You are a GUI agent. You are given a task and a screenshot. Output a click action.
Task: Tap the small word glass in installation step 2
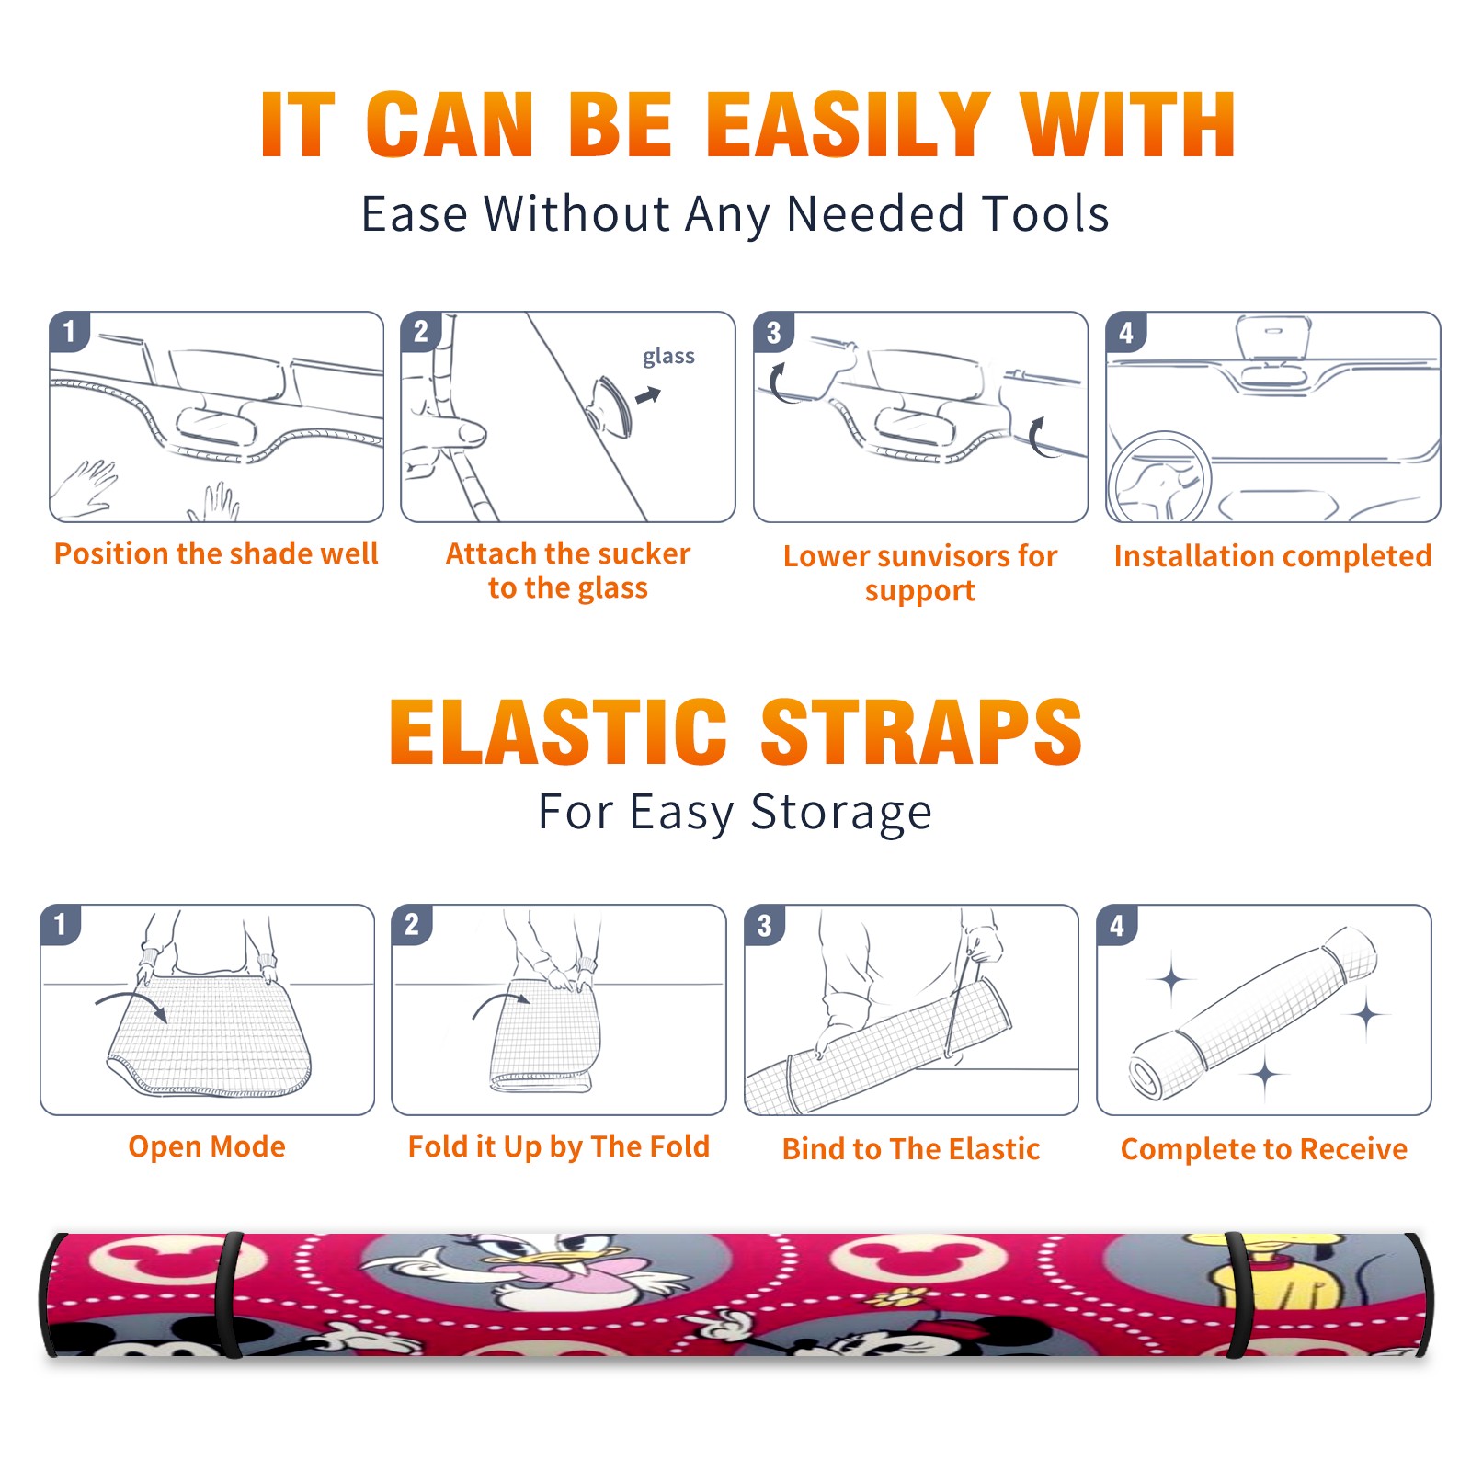[x=668, y=357]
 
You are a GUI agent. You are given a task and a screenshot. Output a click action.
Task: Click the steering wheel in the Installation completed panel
[x=1159, y=477]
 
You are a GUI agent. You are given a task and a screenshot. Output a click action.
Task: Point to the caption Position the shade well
[x=216, y=553]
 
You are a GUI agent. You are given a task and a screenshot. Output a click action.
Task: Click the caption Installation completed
[x=1272, y=556]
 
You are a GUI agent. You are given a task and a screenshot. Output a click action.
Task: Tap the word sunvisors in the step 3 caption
[x=942, y=556]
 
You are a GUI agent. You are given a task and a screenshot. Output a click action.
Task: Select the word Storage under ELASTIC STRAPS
[x=841, y=813]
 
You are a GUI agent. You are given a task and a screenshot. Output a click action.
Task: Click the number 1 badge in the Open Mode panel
[x=61, y=924]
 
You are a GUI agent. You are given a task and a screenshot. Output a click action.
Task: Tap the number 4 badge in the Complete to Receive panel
[x=1117, y=925]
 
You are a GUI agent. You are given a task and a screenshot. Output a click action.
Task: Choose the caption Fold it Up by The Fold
[x=559, y=1146]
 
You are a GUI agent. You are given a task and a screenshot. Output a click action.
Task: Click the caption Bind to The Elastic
[x=911, y=1149]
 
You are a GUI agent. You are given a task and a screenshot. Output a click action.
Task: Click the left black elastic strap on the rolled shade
[x=228, y=1294]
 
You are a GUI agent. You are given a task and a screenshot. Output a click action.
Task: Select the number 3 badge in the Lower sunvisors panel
[x=773, y=332]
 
